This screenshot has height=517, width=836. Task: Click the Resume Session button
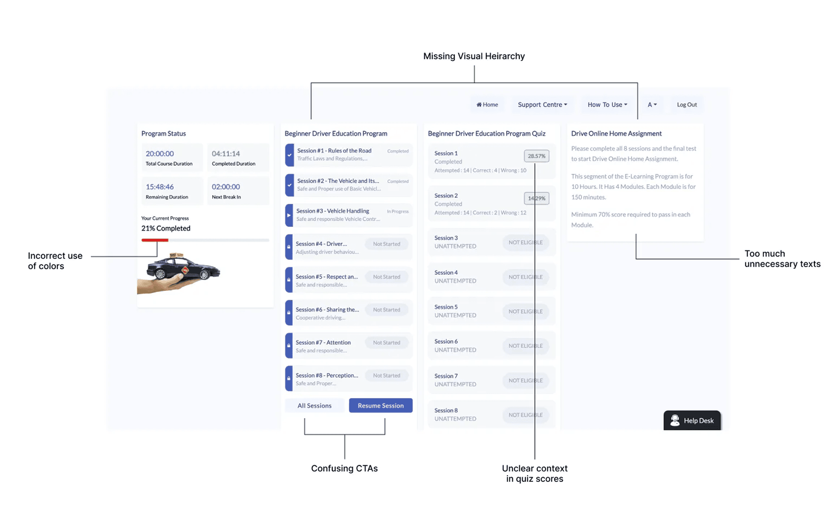point(380,405)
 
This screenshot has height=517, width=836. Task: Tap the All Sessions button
point(314,405)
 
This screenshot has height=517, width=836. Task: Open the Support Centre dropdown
point(542,105)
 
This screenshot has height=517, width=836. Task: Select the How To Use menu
point(607,105)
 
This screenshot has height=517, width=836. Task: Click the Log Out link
point(686,105)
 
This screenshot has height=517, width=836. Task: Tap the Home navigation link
point(487,105)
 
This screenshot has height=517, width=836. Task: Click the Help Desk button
point(692,420)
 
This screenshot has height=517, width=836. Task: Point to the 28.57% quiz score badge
point(536,156)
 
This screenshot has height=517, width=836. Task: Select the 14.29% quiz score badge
point(536,198)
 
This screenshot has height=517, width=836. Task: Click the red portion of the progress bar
point(155,240)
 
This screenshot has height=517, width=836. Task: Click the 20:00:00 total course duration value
point(160,154)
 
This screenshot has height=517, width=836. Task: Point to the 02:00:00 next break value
point(226,187)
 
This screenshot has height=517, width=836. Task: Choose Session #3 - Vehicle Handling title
point(333,211)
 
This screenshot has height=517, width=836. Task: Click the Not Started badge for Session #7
point(386,342)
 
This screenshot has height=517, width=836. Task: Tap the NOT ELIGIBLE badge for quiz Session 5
point(525,311)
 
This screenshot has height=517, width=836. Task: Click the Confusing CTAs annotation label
point(344,468)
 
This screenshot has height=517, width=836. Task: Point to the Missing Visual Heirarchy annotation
point(474,56)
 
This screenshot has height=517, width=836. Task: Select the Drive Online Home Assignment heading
point(616,133)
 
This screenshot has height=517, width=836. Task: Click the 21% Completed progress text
point(166,228)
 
